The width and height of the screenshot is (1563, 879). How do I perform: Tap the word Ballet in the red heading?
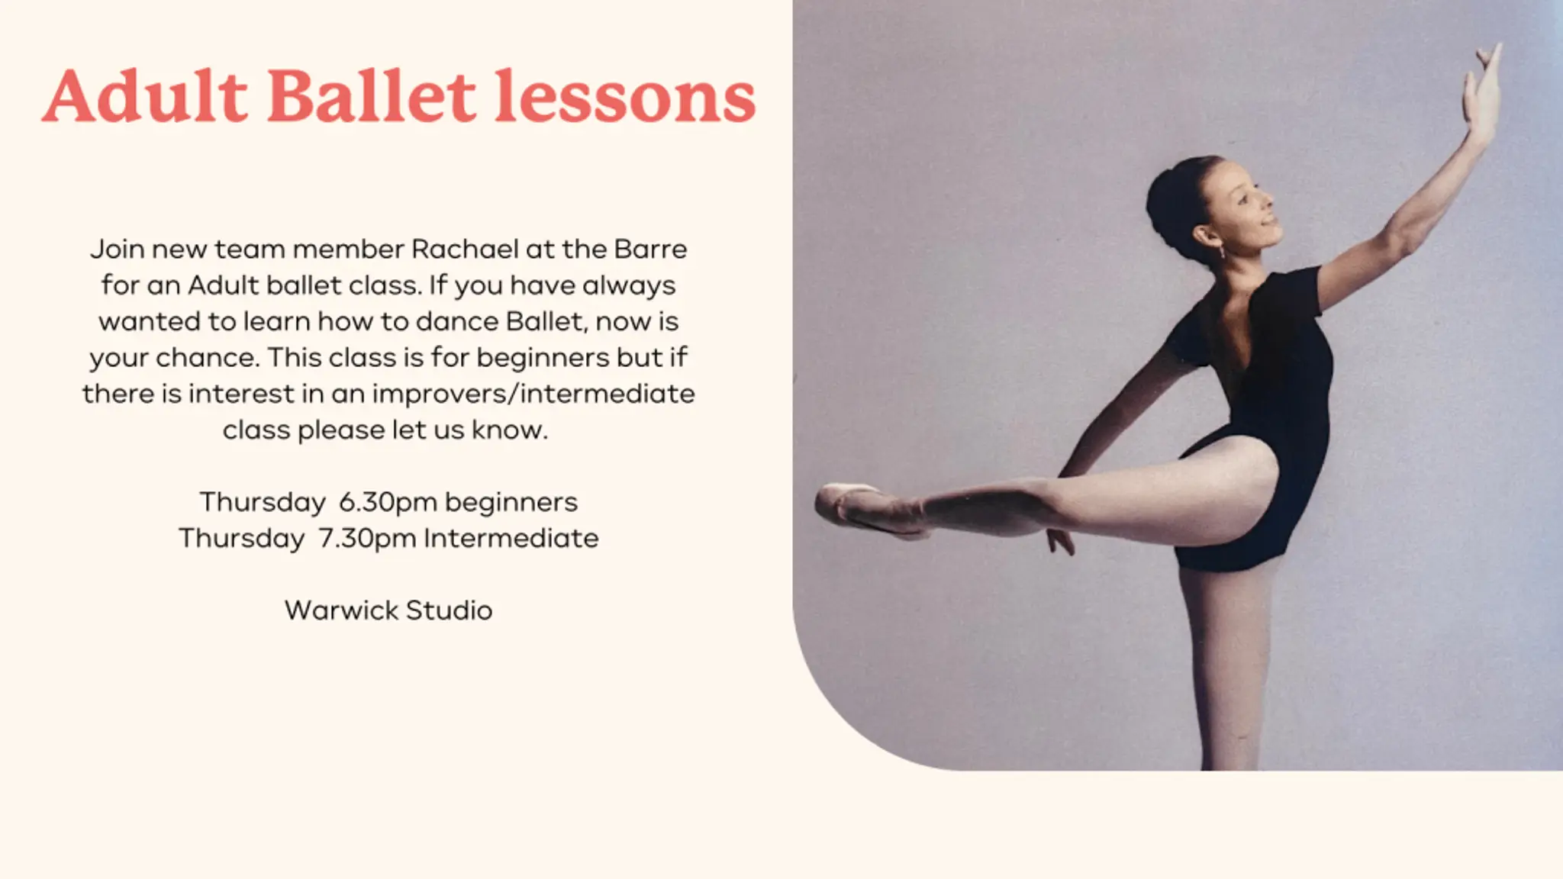tap(372, 96)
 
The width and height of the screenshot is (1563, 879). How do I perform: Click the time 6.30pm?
tap(388, 502)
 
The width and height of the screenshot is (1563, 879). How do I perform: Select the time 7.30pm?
tap(367, 538)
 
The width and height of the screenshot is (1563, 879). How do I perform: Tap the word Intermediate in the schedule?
tap(511, 538)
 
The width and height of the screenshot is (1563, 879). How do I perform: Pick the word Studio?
tap(449, 610)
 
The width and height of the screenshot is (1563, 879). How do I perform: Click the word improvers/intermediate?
tap(533, 394)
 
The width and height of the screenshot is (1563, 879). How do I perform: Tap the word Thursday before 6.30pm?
tap(263, 502)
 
